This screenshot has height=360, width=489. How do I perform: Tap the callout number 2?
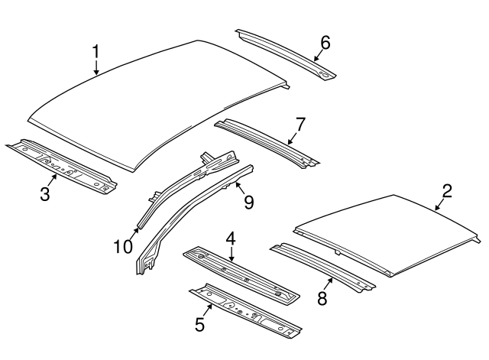point(446,191)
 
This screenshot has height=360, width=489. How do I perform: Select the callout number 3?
point(45,194)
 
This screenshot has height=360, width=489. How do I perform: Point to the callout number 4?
point(230,240)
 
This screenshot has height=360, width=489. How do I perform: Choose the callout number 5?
point(199,324)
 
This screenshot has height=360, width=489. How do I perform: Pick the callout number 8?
point(322,299)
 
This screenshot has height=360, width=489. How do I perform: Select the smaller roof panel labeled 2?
point(390,229)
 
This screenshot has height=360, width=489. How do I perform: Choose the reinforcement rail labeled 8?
point(325,268)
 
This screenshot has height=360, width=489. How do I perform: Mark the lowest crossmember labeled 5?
point(244,313)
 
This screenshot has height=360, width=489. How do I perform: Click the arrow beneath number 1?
point(96,67)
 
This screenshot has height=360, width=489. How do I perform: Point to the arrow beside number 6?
point(318,56)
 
